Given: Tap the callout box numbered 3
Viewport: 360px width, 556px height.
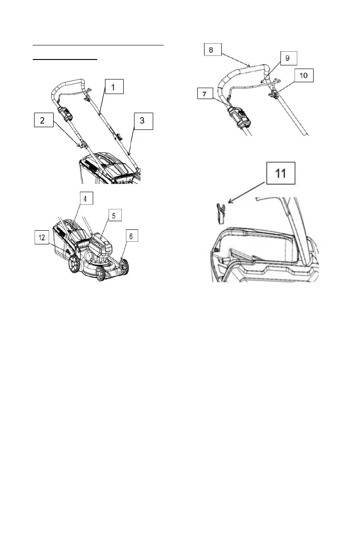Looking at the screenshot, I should coord(144,121).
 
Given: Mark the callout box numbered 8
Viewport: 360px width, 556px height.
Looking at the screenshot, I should coord(212,50).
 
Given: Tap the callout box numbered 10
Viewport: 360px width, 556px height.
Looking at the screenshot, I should coord(303,75).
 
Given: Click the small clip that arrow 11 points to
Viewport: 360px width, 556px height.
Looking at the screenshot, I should coord(219,213).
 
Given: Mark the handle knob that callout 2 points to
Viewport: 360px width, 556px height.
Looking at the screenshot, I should coord(82,145).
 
